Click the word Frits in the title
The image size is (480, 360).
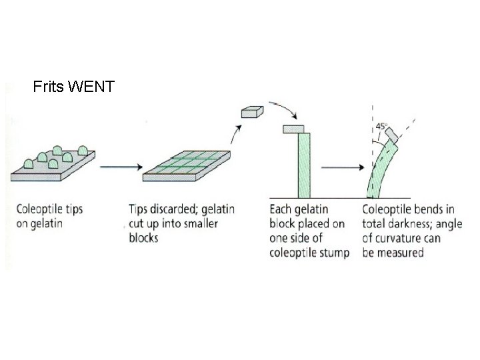click(48, 87)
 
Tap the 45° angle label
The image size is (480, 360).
click(381, 125)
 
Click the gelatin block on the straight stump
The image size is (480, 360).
click(294, 128)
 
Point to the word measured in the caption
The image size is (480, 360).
click(402, 253)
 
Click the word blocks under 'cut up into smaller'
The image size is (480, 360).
click(144, 238)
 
